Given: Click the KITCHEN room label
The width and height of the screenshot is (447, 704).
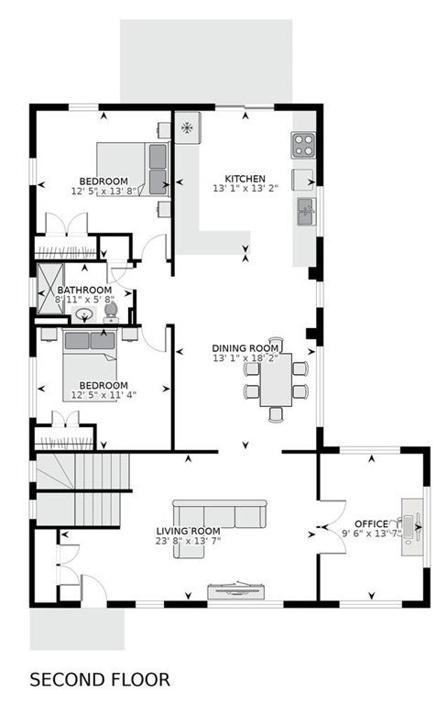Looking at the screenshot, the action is click(x=245, y=179).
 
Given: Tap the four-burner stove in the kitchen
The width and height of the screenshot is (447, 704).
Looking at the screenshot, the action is click(x=303, y=145).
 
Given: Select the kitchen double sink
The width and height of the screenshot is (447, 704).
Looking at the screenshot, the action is click(x=307, y=211).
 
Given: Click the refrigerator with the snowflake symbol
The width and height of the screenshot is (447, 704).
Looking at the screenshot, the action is click(x=187, y=127).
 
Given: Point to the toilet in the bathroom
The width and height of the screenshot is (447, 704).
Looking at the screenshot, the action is click(x=111, y=312).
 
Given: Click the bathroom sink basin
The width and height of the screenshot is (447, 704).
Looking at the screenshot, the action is click(x=84, y=314).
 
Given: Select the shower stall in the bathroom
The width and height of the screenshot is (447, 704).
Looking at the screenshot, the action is click(x=50, y=288).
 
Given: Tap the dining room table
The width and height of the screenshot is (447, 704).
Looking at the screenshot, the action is click(x=276, y=379).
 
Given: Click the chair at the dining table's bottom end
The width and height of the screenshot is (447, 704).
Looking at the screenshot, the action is click(x=276, y=414).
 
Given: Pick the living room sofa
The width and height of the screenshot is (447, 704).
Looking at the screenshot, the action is click(x=220, y=528).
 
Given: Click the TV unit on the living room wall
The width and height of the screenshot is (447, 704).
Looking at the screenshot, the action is click(x=235, y=590).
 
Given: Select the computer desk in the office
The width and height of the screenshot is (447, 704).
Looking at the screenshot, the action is click(x=411, y=527).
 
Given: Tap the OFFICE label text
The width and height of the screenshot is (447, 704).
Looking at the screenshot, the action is click(x=371, y=524).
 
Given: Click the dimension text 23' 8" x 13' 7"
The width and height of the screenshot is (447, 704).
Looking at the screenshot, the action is click(x=188, y=541).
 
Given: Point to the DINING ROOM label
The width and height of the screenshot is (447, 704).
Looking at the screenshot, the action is click(x=245, y=348).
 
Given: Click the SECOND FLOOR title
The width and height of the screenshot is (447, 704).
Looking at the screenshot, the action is click(x=100, y=680).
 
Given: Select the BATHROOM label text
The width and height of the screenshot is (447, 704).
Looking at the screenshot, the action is click(x=84, y=290).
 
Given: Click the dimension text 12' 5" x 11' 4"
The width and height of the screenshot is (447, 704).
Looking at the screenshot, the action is click(x=104, y=395).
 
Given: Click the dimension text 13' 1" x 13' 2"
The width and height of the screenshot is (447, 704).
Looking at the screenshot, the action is click(x=245, y=189).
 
